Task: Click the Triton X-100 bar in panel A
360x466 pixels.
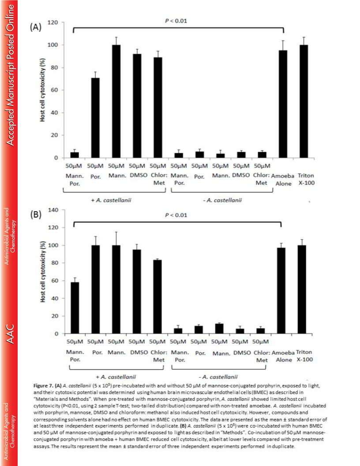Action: click(304, 101)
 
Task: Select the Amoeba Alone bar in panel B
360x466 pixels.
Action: click(281, 291)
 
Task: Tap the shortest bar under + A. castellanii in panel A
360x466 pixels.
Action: click(75, 155)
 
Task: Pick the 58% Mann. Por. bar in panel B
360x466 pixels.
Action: click(75, 308)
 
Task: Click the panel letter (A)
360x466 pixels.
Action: click(35, 27)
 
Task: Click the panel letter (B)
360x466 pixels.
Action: click(35, 214)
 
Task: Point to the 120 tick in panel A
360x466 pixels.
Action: click(54, 23)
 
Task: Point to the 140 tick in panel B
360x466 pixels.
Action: click(54, 210)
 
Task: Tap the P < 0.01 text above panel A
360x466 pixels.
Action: click(176, 21)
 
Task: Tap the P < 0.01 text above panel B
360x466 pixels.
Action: click(176, 215)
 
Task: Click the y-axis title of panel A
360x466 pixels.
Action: click(42, 90)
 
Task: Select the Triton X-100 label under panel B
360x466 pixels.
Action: click(304, 356)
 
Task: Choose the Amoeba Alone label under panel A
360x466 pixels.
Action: click(283, 180)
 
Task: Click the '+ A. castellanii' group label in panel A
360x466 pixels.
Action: click(111, 200)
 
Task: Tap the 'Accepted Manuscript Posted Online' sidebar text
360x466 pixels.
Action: click(10, 75)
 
